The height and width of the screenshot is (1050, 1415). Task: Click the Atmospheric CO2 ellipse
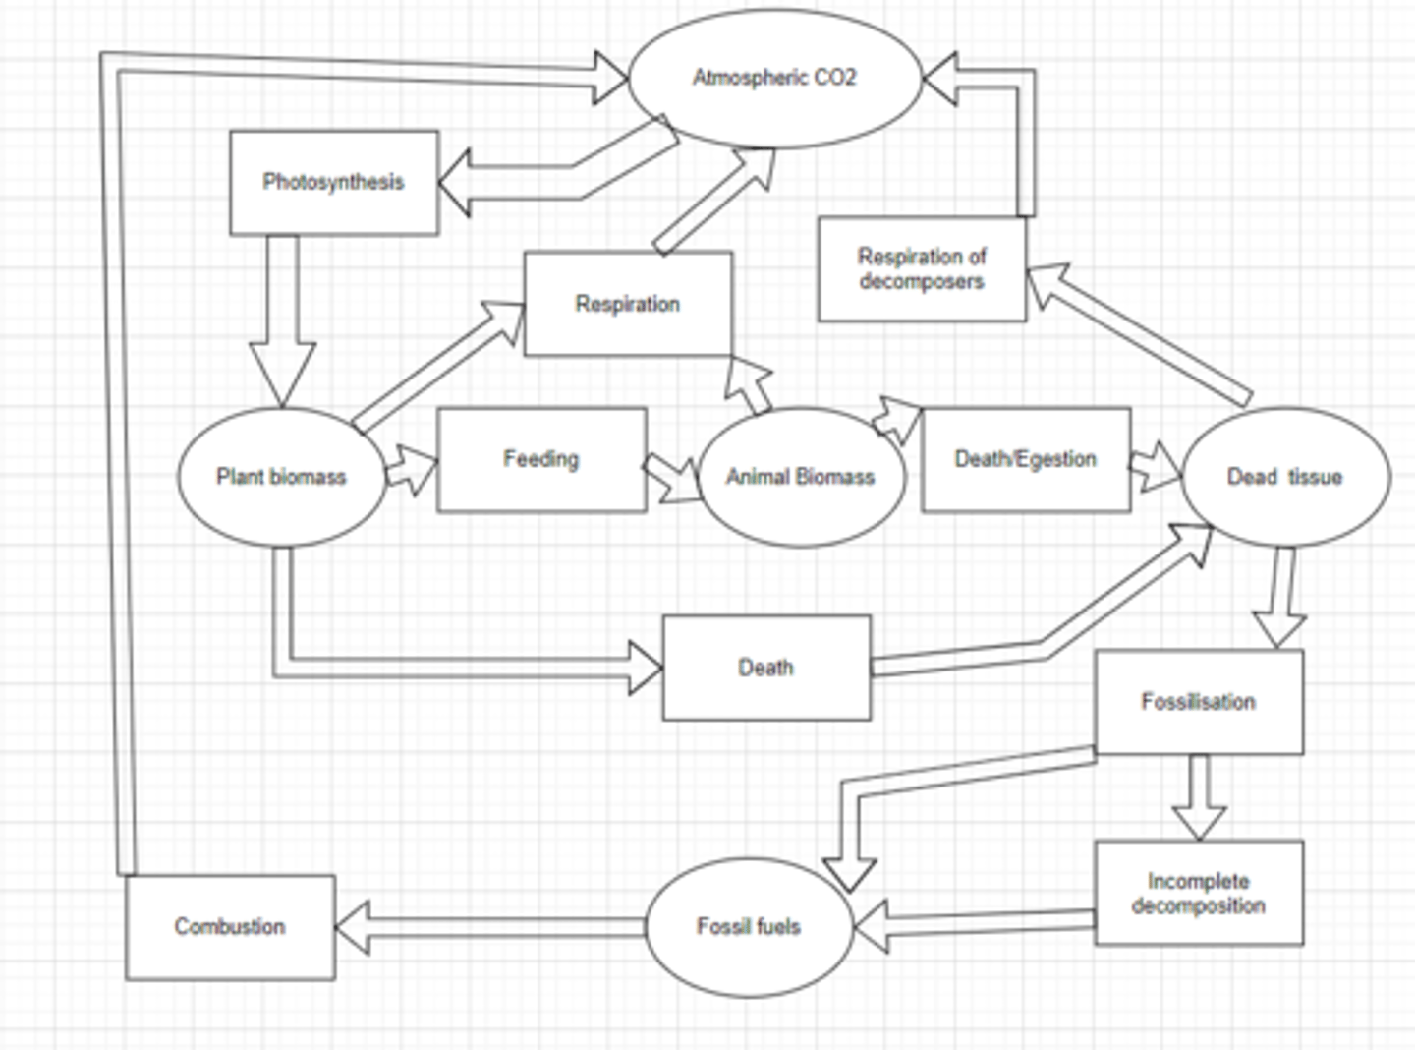tap(774, 79)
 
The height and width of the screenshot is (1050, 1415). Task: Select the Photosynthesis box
tap(334, 183)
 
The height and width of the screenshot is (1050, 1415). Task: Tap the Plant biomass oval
tap(282, 477)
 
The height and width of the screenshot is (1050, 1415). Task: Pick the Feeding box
tap(541, 460)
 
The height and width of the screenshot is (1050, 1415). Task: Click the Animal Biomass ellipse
tap(801, 478)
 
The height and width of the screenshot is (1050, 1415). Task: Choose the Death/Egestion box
tap(1026, 460)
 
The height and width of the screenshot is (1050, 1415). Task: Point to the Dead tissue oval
tap(1285, 477)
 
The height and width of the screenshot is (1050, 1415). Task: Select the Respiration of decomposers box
tap(922, 269)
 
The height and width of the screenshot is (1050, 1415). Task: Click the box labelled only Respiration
tap(628, 304)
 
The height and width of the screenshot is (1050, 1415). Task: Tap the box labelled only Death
tap(766, 668)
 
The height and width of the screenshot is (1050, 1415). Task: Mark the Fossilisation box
tap(1199, 702)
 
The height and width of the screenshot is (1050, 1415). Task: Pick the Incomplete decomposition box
tap(1199, 893)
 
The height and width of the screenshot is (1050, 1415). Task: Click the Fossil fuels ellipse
tap(749, 927)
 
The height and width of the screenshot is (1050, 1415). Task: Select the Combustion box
tap(230, 927)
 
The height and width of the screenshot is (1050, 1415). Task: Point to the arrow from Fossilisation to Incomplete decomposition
tap(1199, 796)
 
